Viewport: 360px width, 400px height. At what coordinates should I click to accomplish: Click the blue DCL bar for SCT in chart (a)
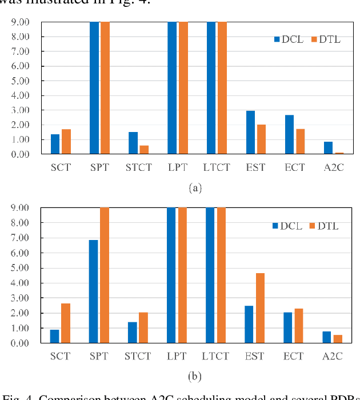point(55,144)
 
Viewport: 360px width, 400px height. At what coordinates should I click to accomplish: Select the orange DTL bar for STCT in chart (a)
point(144,150)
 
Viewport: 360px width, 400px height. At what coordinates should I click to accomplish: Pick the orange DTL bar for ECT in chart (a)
point(301,141)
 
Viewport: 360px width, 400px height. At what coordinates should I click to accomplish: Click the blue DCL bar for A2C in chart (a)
point(329,148)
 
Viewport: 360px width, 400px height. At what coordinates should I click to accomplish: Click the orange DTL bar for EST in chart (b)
point(260,308)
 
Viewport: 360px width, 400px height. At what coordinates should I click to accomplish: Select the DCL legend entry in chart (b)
point(286,226)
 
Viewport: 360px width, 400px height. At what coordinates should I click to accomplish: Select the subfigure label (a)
point(194,187)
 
